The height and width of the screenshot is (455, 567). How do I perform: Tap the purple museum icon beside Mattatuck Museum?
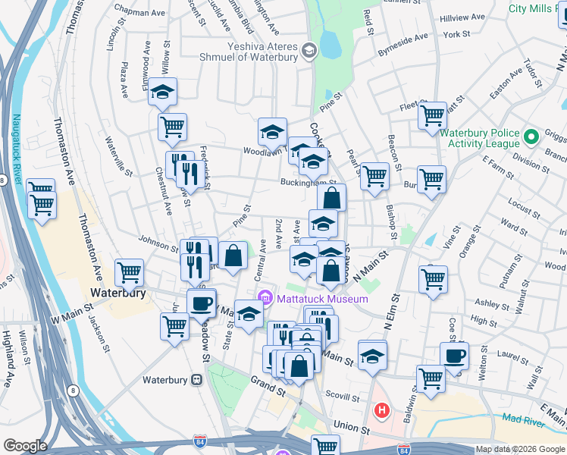[x=265, y=297]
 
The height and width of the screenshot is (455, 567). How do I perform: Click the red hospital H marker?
[x=381, y=411]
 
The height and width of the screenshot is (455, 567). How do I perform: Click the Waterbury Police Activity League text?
[x=481, y=137]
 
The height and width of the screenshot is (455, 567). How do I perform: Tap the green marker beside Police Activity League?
[x=531, y=137]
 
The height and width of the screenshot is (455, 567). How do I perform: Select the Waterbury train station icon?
[x=196, y=379]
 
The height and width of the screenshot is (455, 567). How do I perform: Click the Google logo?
[x=25, y=446]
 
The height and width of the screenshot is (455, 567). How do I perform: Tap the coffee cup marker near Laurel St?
[x=455, y=356]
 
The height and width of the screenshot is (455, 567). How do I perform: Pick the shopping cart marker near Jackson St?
[x=174, y=327]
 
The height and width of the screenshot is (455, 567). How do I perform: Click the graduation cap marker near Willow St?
[x=162, y=92]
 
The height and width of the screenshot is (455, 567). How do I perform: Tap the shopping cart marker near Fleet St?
[x=432, y=116]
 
